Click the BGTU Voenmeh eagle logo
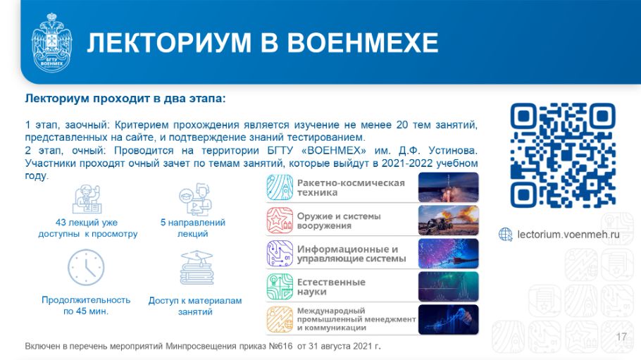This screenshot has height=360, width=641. click(x=51, y=42)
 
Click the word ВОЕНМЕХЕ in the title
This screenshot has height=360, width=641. click(x=363, y=42)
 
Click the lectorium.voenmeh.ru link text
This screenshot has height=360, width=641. click(x=568, y=235)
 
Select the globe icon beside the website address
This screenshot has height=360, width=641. click(x=506, y=235)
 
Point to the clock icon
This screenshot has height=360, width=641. click(x=86, y=268)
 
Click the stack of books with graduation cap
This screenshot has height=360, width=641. click(x=197, y=268)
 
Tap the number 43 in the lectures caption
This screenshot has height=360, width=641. click(x=61, y=223)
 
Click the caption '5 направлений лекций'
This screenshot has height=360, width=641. click(x=193, y=228)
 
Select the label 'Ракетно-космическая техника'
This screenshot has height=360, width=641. click(x=351, y=188)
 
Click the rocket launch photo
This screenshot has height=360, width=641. click(x=448, y=187)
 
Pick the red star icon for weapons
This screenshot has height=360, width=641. click(x=280, y=221)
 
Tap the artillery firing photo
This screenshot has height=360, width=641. click(x=448, y=221)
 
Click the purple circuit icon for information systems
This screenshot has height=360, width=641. click(x=280, y=254)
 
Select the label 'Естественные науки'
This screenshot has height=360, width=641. click(x=331, y=287)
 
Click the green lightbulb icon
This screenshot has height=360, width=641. click(x=280, y=287)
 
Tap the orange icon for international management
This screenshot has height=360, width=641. click(x=280, y=320)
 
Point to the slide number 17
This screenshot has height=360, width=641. click(x=621, y=337)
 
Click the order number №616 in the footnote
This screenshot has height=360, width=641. click(x=280, y=347)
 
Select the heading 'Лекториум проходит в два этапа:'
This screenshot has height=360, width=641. click(x=125, y=99)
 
